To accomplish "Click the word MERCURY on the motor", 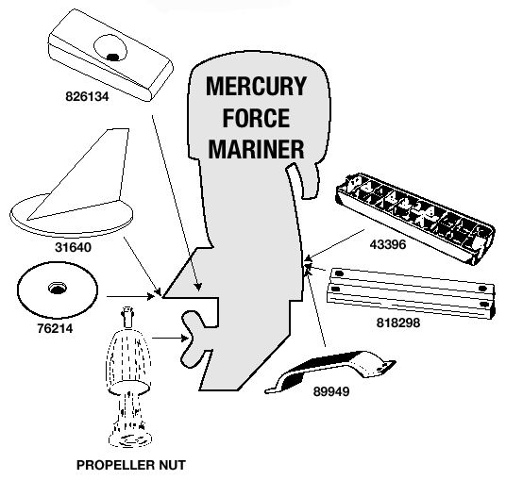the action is click(x=256, y=86).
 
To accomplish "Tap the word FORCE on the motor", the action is click(x=256, y=118).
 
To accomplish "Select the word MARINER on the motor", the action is click(x=256, y=149).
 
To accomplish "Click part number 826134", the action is click(x=87, y=96).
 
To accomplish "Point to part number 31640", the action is click(x=73, y=247).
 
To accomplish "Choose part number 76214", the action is click(x=55, y=328).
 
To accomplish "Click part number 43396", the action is click(x=388, y=244).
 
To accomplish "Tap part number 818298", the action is click(x=398, y=323).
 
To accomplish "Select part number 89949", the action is click(x=331, y=391).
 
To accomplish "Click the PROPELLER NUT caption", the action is click(x=131, y=465).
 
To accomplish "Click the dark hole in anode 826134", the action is click(x=112, y=58).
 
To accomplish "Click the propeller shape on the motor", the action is click(x=194, y=339).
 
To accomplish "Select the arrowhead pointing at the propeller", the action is click(x=185, y=339).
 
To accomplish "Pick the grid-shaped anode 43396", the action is click(x=415, y=219).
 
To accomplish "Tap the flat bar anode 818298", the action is click(x=411, y=293).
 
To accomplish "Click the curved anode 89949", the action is click(x=330, y=372).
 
